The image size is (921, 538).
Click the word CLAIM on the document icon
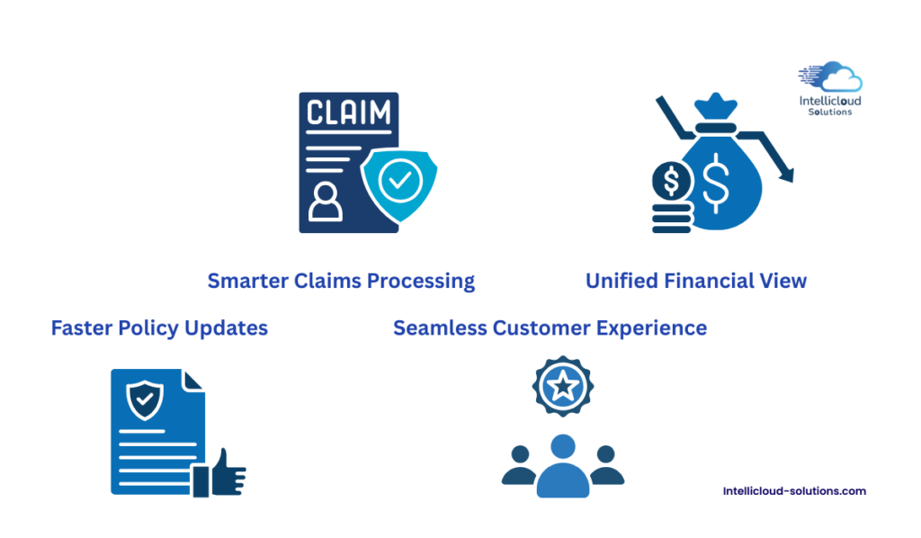(x=349, y=113)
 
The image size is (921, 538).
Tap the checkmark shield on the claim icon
(x=399, y=183)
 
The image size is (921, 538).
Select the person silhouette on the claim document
(x=325, y=204)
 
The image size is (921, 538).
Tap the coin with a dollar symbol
(x=671, y=183)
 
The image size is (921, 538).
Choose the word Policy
(x=148, y=328)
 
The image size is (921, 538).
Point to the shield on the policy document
(x=144, y=399)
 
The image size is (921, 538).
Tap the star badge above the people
(x=563, y=387)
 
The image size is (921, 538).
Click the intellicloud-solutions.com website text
(x=794, y=491)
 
